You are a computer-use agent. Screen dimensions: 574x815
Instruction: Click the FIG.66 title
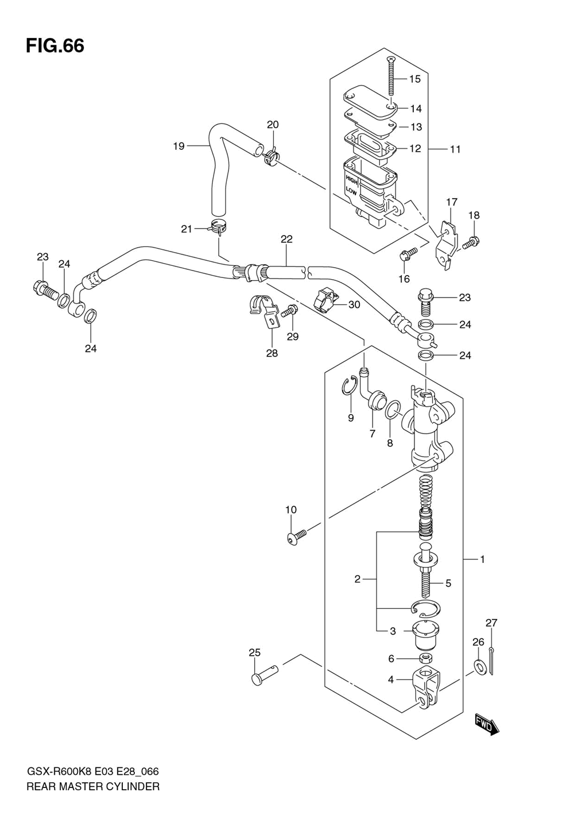(x=55, y=46)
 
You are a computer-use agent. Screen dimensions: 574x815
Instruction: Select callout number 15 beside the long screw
(x=415, y=79)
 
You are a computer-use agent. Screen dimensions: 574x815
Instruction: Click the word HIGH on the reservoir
(x=351, y=179)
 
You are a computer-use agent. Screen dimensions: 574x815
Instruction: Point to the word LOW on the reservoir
(x=351, y=191)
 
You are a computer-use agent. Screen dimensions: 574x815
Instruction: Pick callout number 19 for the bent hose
(x=179, y=146)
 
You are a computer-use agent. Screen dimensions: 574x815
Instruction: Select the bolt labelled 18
(x=471, y=243)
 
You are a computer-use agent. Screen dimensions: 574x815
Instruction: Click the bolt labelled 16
(x=409, y=254)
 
